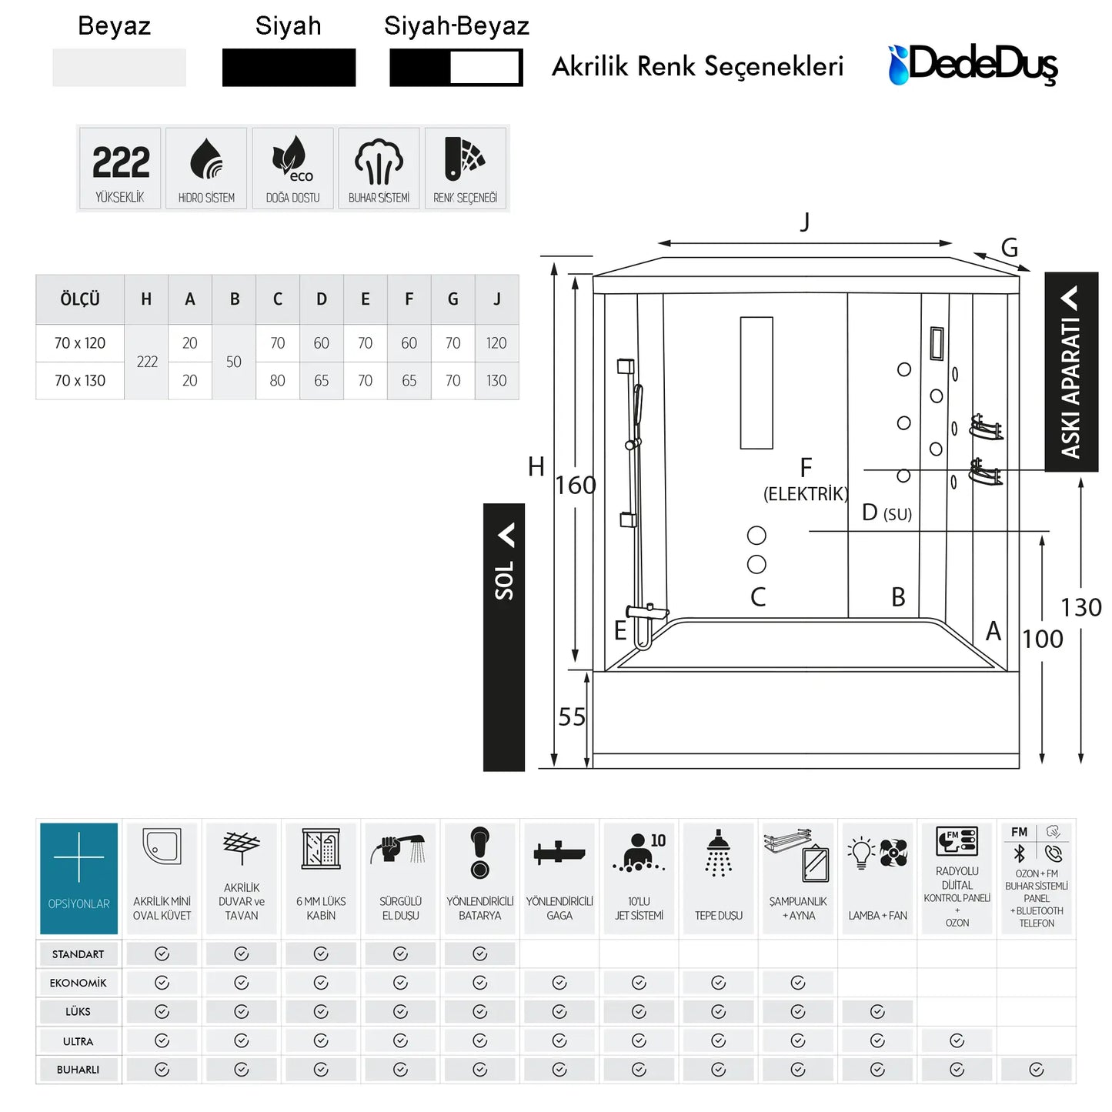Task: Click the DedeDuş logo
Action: pyautogui.click(x=973, y=65)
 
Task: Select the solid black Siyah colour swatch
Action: pyautogui.click(x=289, y=68)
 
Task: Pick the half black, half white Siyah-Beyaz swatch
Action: pyautogui.click(x=456, y=68)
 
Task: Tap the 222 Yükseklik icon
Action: pyautogui.click(x=120, y=169)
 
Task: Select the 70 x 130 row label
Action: pyautogui.click(x=79, y=381)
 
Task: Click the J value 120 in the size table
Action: pyautogui.click(x=496, y=343)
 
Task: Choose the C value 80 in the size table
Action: pyautogui.click(x=278, y=381)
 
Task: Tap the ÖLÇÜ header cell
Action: pyautogui.click(x=80, y=299)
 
